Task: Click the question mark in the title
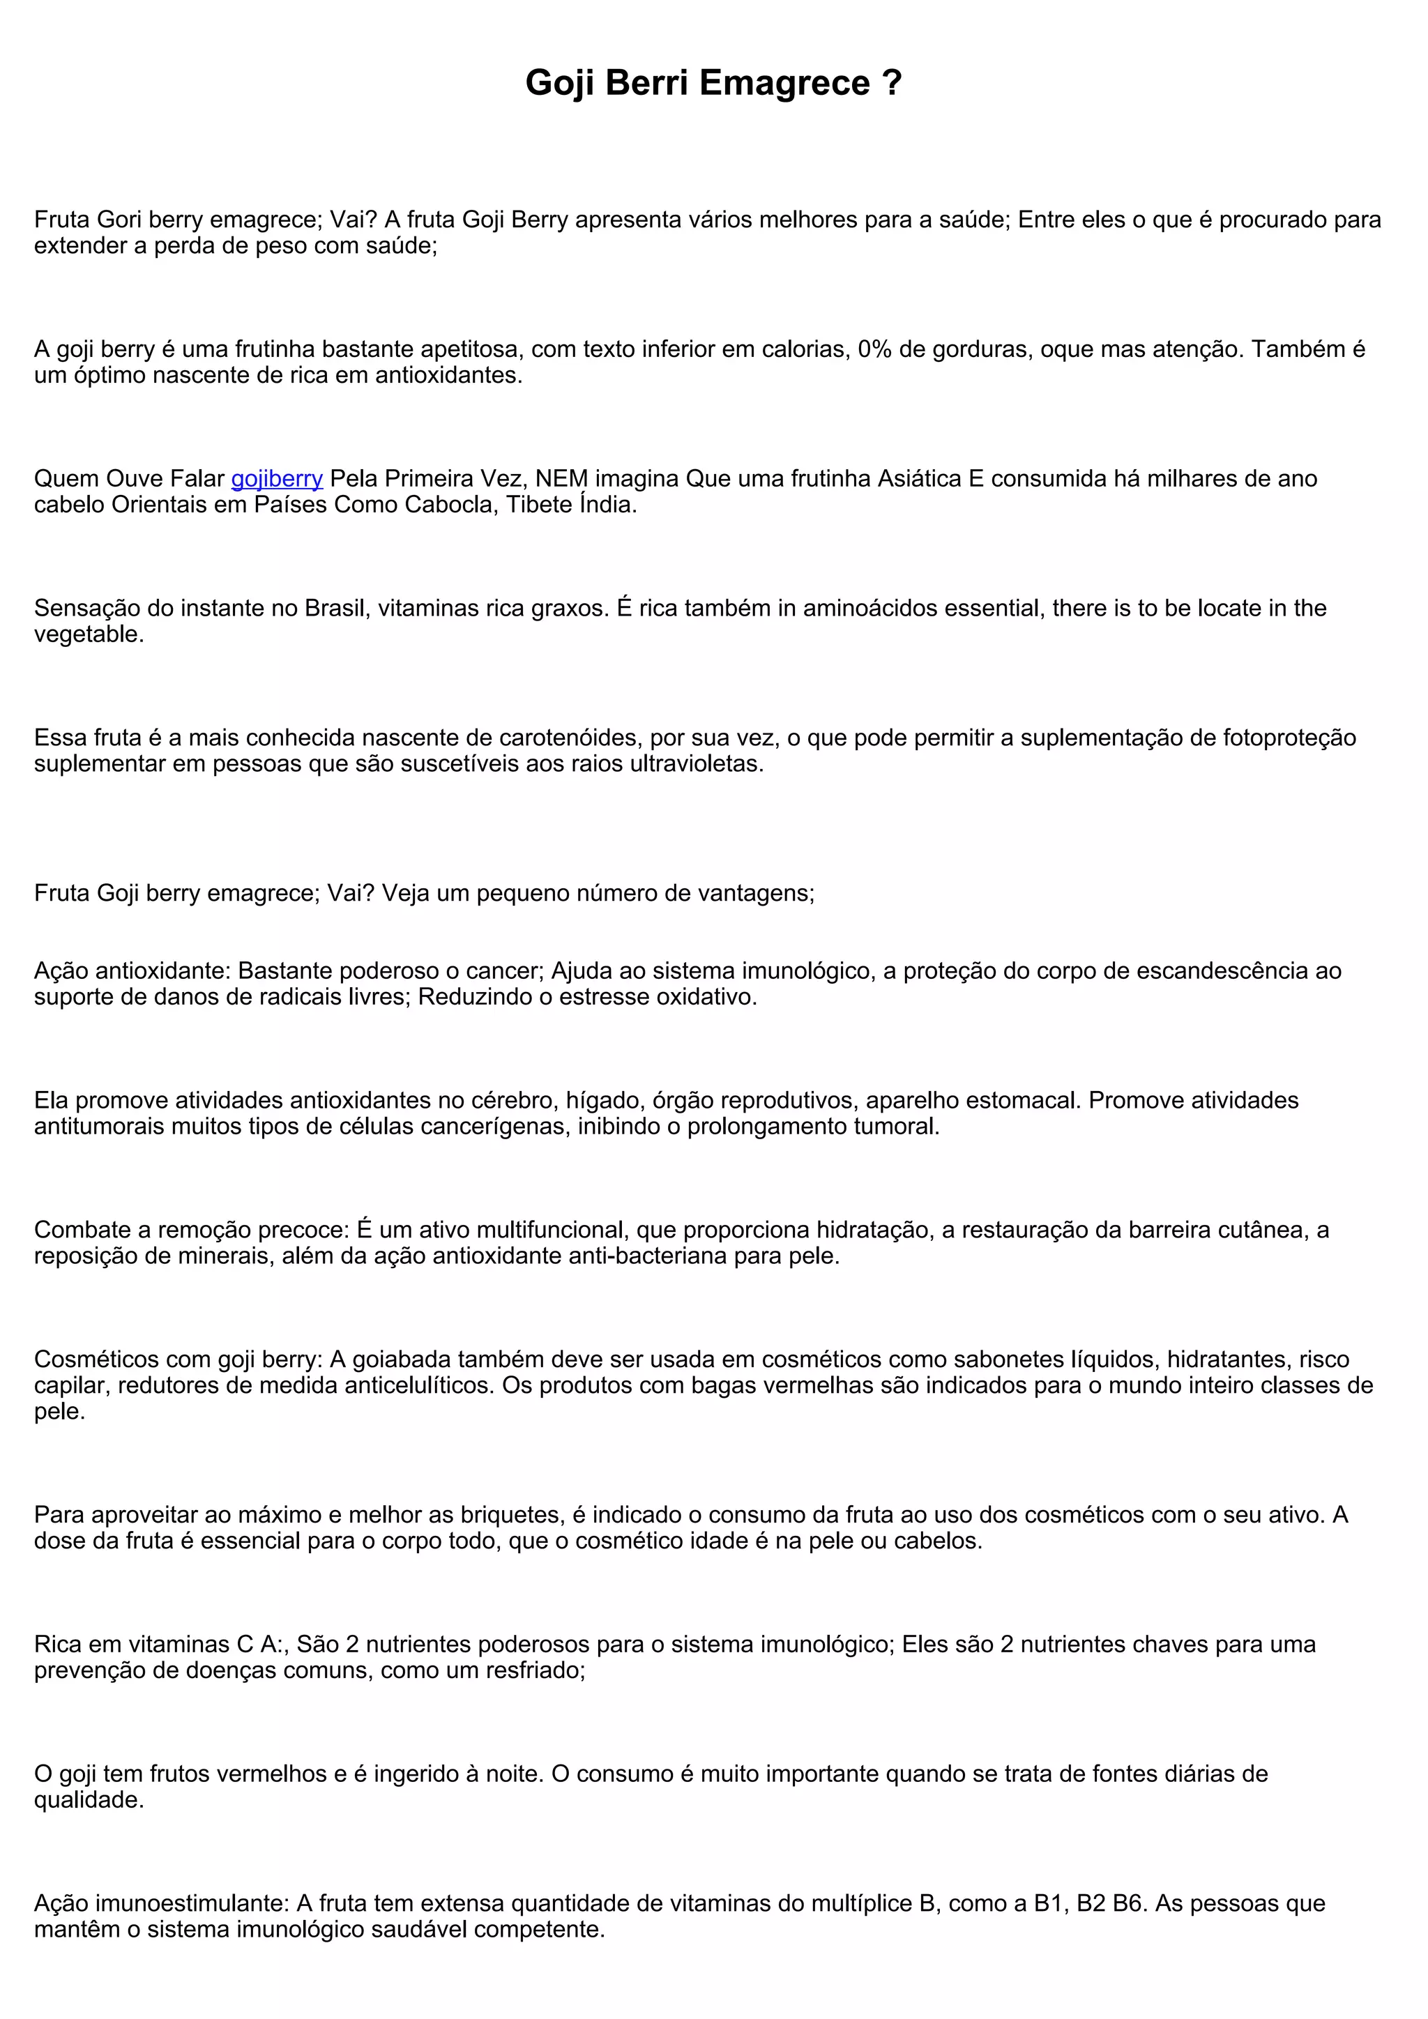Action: coord(892,83)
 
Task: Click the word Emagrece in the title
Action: coord(784,83)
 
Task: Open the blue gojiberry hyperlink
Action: coord(276,478)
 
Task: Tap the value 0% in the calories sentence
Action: coord(875,349)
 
